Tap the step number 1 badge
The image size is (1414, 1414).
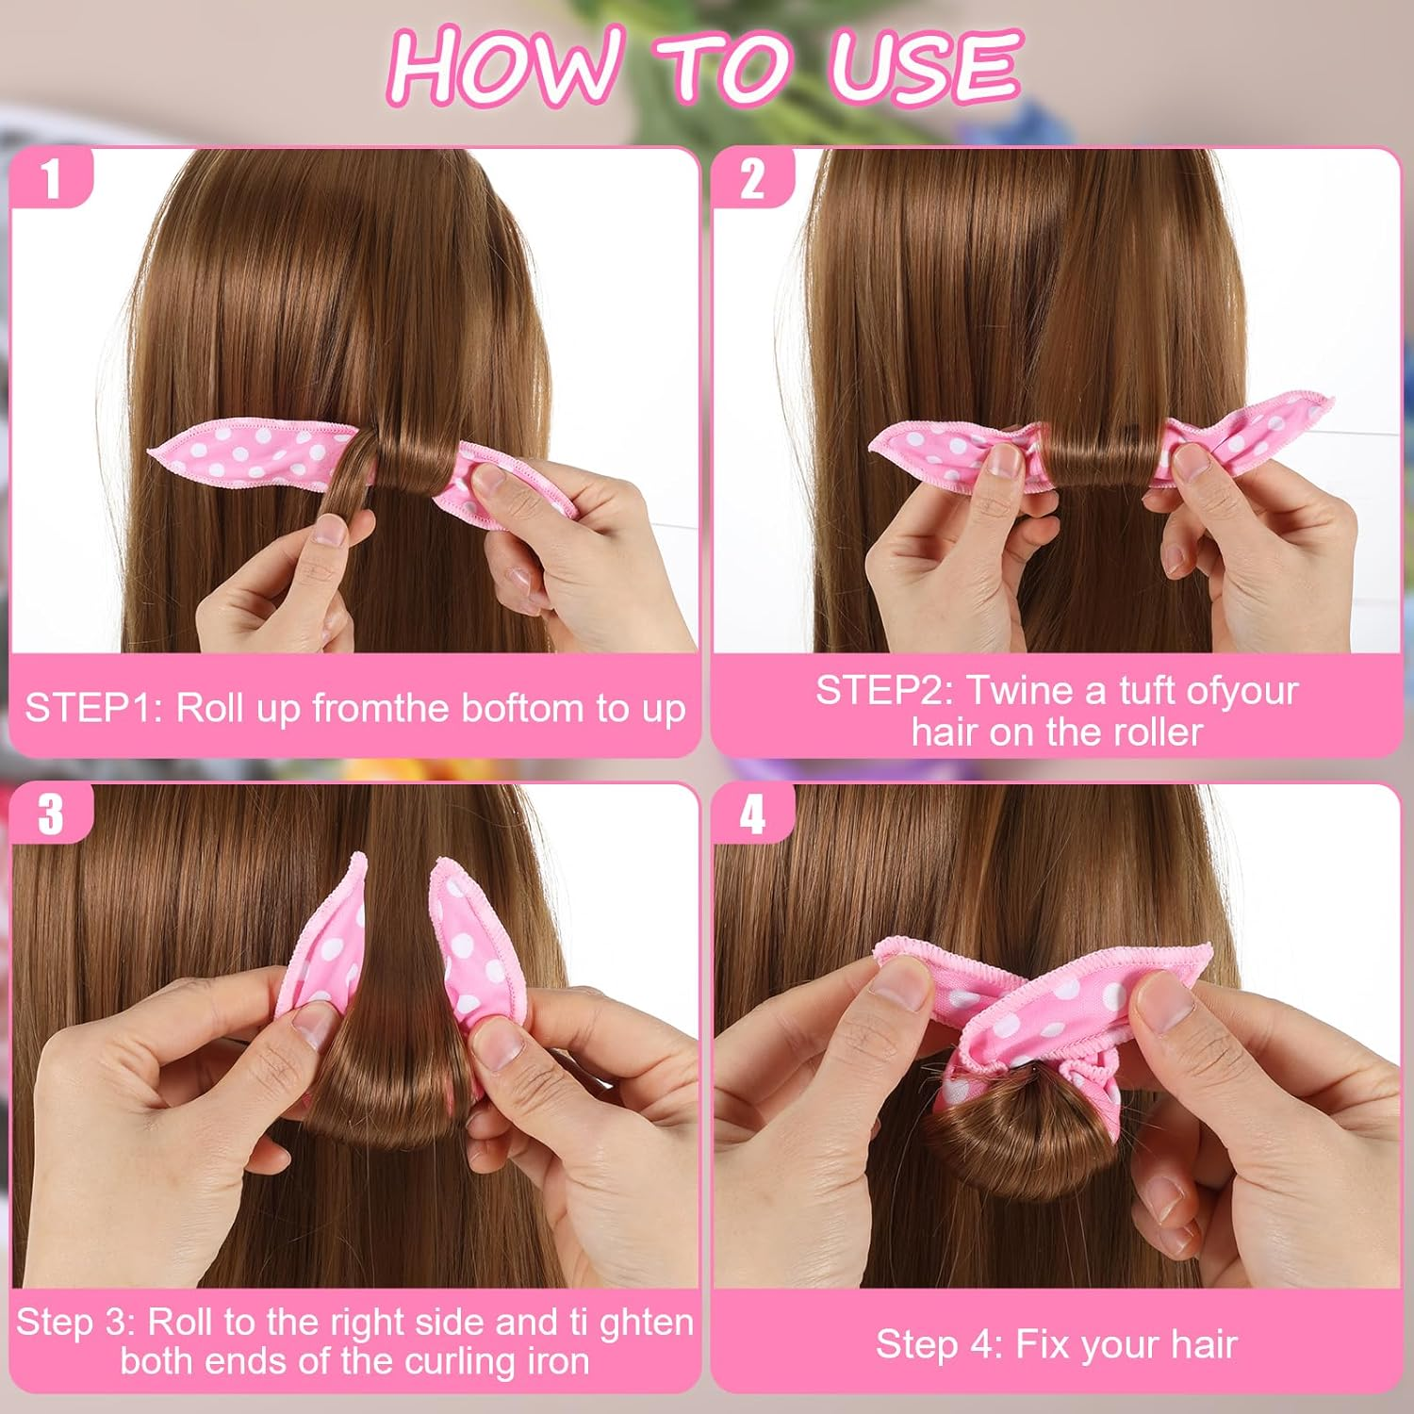[51, 177]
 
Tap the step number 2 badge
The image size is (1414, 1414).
[751, 177]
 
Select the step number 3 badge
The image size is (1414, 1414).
[51, 813]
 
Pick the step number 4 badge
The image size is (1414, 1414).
[751, 813]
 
